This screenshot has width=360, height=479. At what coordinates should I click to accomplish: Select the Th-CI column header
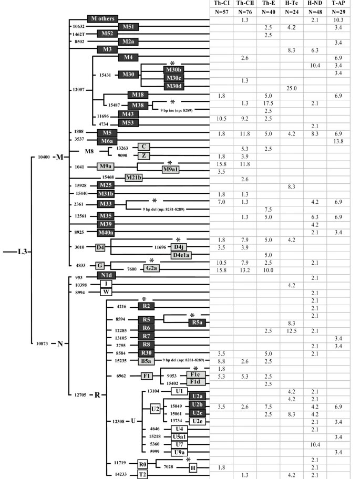click(x=220, y=4)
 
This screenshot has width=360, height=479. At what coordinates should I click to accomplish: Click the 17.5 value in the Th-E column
click(x=268, y=103)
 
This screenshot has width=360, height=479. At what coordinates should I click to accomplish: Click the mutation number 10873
click(x=44, y=343)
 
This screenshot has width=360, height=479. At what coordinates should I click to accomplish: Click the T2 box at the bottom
click(x=142, y=474)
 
